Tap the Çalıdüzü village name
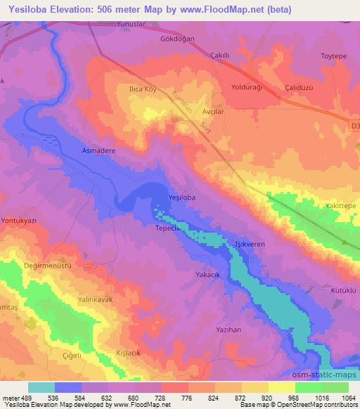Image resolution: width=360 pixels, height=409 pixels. click(x=302, y=87)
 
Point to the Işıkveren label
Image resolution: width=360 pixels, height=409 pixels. click(x=249, y=244)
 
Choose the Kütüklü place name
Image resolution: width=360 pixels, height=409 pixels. click(x=344, y=290)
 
